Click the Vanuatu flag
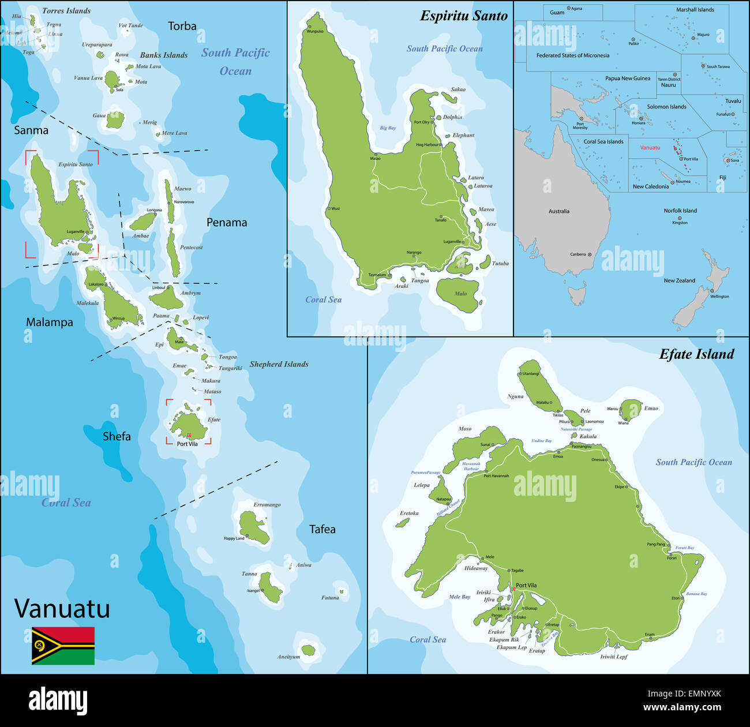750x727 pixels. [63, 646]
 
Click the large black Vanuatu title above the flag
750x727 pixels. [62, 609]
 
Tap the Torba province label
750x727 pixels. [182, 26]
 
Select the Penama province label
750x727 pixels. [227, 222]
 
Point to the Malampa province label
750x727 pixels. [50, 322]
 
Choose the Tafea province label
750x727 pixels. [322, 529]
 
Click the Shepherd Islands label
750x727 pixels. [279, 364]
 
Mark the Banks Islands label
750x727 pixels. [164, 55]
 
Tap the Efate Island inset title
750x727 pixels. [696, 354]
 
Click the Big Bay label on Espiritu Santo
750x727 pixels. [388, 128]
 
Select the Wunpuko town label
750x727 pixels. [315, 31]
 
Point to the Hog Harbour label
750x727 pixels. [427, 145]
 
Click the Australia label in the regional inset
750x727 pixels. [558, 211]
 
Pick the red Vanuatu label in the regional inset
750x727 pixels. [650, 148]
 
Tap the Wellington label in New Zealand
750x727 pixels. [719, 297]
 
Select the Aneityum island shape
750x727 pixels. [309, 650]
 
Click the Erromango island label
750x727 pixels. [267, 505]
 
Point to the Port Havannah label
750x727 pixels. [496, 476]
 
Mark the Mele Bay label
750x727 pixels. [459, 597]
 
